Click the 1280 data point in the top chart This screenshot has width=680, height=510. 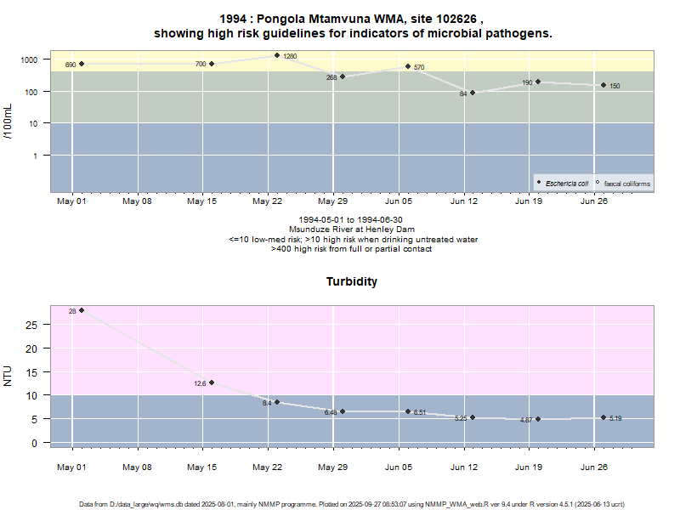click(277, 55)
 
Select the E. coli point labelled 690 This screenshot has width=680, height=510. click(82, 64)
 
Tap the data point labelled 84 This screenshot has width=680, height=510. click(473, 93)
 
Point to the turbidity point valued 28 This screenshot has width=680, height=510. click(82, 310)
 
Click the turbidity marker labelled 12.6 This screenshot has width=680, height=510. click(212, 382)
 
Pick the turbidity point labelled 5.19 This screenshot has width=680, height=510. click(603, 417)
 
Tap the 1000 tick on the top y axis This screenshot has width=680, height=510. click(31, 59)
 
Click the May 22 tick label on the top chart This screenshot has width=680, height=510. click(267, 201)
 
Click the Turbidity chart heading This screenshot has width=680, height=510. click(352, 281)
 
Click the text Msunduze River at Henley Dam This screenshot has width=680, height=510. click(352, 229)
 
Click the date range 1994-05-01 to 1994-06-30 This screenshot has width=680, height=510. click(352, 219)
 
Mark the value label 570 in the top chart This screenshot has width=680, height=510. click(420, 67)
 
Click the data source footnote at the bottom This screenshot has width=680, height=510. click(352, 504)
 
